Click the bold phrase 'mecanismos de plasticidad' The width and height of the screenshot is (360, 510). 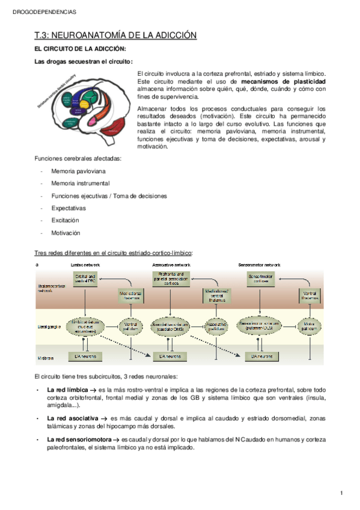[x=284, y=81]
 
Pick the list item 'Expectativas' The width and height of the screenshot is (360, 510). [x=69, y=208]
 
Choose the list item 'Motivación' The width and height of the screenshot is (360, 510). [x=66, y=233]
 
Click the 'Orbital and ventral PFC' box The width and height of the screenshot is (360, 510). [x=85, y=278]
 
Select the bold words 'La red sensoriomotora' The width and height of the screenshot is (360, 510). [x=79, y=440]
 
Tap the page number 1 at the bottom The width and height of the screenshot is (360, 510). [x=341, y=493]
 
